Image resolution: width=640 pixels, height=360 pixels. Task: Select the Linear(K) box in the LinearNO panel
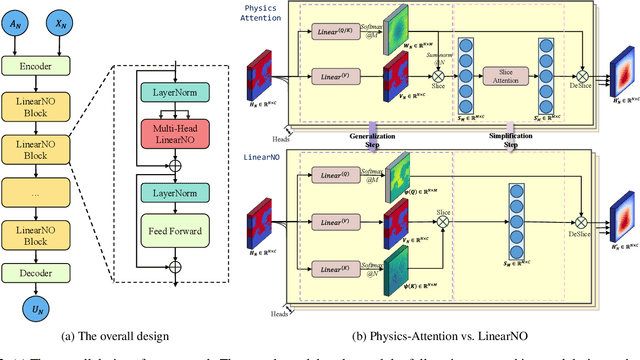coord(339,269)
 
